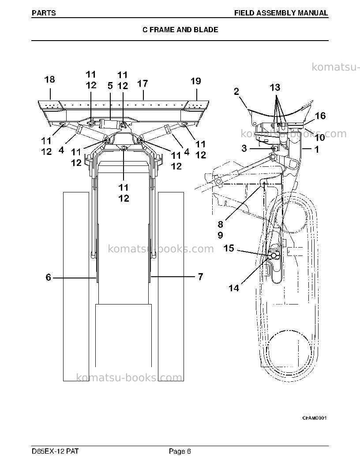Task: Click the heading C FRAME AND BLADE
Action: point(180,30)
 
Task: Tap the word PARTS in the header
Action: point(44,13)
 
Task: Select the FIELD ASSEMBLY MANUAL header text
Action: point(281,13)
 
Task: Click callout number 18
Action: point(49,79)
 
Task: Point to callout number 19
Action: point(196,81)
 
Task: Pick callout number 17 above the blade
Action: point(142,83)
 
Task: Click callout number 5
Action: point(110,86)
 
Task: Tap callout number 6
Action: point(49,277)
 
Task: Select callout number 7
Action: point(200,277)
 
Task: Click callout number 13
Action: point(275,87)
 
